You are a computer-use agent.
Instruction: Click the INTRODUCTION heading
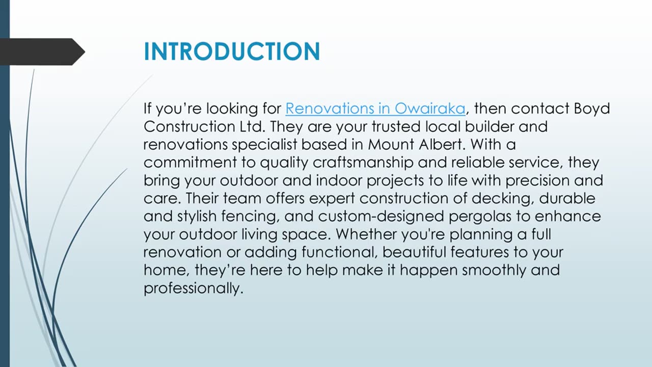(x=232, y=52)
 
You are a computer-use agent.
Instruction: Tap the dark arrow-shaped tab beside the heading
(x=41, y=52)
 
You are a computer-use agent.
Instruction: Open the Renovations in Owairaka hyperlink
(x=375, y=109)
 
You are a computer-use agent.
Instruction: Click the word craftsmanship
(x=364, y=163)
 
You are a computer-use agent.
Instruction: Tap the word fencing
(x=250, y=216)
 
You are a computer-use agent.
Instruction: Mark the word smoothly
(x=494, y=270)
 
